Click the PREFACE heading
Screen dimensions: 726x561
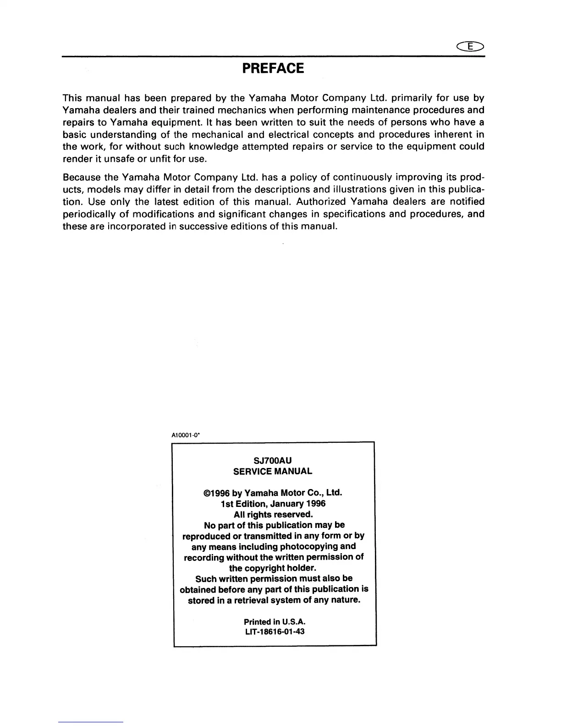273,69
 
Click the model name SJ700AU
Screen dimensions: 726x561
273,460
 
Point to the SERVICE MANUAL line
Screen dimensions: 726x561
273,471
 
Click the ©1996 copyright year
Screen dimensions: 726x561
216,493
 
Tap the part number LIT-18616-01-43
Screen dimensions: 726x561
274,632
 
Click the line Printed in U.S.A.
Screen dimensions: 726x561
274,621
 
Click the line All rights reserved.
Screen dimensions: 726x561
273,514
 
